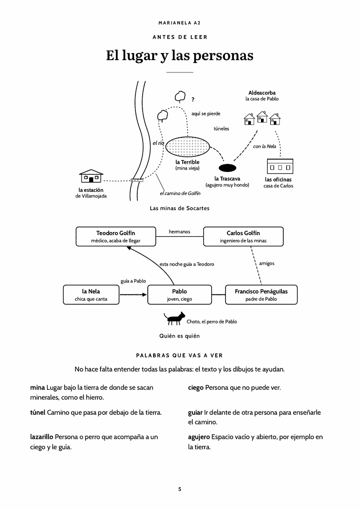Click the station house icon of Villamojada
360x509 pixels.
point(91,176)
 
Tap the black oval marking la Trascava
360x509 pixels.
point(227,168)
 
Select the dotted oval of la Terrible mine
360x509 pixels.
point(188,147)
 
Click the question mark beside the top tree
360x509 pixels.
point(193,99)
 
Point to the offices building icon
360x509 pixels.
point(280,166)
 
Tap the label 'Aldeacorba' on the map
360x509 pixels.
point(262,93)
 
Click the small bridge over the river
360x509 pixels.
point(137,180)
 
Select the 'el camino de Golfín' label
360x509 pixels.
point(180,194)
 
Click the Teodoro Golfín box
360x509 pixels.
point(116,236)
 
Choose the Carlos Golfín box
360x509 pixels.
point(243,236)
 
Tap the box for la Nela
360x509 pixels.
point(91,295)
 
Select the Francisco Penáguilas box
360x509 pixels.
point(261,295)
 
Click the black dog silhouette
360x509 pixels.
point(174,318)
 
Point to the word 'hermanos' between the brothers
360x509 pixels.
point(180,232)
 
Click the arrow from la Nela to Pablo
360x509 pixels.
point(134,295)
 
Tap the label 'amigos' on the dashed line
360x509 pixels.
point(267,263)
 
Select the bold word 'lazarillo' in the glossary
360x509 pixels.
point(42,437)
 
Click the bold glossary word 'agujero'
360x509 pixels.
point(199,437)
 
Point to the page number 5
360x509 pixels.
point(180,489)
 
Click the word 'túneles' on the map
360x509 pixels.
point(221,128)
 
